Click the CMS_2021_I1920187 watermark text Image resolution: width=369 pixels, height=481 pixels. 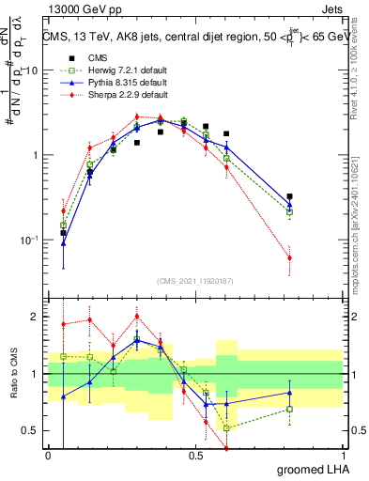pyautogui.click(x=195, y=279)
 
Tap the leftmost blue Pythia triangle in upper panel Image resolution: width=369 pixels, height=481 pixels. pyautogui.click(x=63, y=243)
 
